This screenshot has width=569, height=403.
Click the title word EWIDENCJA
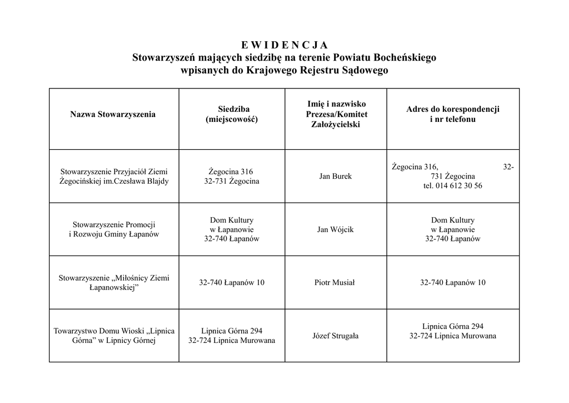pyautogui.click(x=284, y=45)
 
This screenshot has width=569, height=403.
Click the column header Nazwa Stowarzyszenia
pyautogui.click(x=113, y=115)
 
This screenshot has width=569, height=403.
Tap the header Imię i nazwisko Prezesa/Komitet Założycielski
pyautogui.click(x=336, y=114)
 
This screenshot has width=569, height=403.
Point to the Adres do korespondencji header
pyautogui.click(x=452, y=109)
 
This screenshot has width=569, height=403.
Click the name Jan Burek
pyautogui.click(x=335, y=176)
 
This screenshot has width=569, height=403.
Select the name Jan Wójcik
pyautogui.click(x=335, y=230)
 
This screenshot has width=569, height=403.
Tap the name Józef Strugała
pyautogui.click(x=335, y=336)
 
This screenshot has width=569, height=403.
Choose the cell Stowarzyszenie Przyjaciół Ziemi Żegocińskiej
pyautogui.click(x=114, y=176)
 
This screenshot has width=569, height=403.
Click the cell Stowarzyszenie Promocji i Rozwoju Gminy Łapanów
pyautogui.click(x=114, y=229)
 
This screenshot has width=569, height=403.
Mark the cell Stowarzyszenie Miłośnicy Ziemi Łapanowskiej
pyautogui.click(x=114, y=283)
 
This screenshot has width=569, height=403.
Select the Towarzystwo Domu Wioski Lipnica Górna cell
pyautogui.click(x=114, y=336)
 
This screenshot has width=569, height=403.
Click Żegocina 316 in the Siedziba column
pyautogui.click(x=231, y=172)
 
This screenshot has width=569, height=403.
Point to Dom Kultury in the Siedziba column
pyautogui.click(x=232, y=220)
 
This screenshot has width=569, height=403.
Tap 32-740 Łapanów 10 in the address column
pyautogui.click(x=452, y=283)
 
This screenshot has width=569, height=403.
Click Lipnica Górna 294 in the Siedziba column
pyautogui.click(x=232, y=331)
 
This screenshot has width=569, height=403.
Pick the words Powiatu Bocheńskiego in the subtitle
pyautogui.click(x=385, y=58)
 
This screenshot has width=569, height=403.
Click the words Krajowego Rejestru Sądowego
pyautogui.click(x=317, y=71)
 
